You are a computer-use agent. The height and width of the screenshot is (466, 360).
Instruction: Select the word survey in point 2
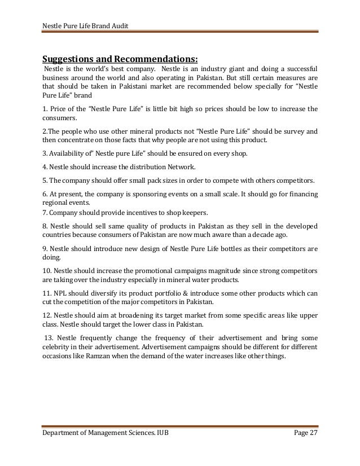297,131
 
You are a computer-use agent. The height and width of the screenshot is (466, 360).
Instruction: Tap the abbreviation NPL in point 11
60,293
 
